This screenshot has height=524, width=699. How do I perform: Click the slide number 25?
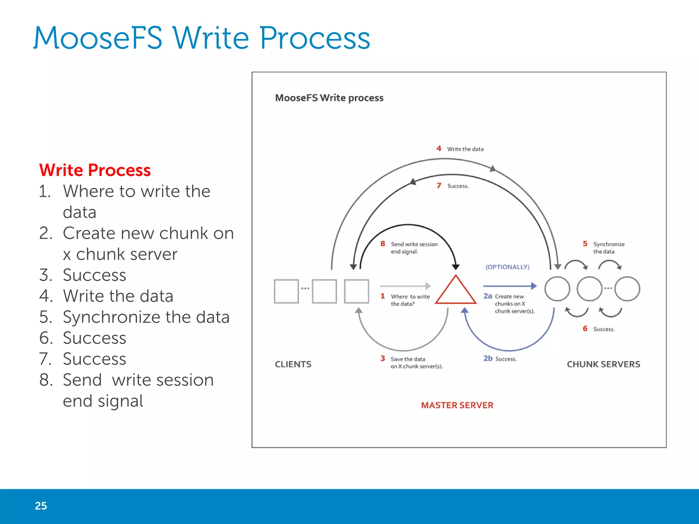point(41,506)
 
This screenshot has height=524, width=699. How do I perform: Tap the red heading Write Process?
point(95,170)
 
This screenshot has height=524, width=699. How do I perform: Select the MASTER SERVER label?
point(457,405)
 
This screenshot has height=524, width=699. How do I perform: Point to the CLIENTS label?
point(293,364)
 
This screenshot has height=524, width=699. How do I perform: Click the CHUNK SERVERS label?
point(603,364)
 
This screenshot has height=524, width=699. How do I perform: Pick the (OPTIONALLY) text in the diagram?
point(508,267)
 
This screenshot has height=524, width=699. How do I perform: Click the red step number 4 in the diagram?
point(439,148)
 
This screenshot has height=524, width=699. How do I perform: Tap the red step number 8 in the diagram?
point(383,244)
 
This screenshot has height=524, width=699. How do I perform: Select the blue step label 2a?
point(487,296)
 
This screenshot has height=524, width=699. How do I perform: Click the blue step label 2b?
point(488,358)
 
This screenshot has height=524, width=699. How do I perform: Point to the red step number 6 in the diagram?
point(585,329)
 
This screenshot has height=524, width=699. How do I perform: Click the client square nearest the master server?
point(356,291)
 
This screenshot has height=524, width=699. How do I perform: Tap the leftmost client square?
point(286,291)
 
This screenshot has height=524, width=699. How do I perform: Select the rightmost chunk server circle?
point(627,289)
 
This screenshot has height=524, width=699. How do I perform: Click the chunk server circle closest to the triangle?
point(557,289)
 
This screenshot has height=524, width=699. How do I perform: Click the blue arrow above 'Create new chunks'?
point(510,286)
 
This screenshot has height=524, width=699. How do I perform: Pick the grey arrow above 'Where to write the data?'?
point(405,286)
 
